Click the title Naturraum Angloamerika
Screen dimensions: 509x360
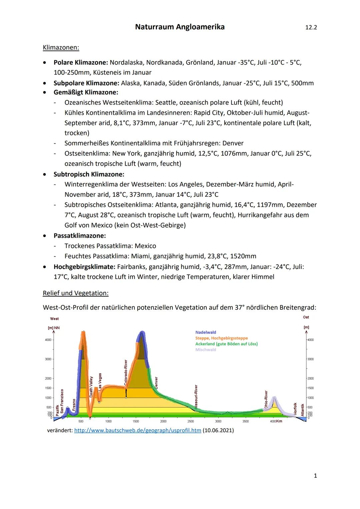(180, 27)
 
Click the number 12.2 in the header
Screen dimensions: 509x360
(311, 27)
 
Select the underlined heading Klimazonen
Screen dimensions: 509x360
(61, 48)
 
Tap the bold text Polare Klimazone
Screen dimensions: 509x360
(81, 62)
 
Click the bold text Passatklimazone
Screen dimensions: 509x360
(80, 236)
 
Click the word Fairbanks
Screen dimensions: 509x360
(131, 267)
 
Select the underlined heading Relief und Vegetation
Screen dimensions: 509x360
(76, 293)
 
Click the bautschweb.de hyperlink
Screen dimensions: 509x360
(138, 430)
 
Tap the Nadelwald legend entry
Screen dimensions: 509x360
(206, 332)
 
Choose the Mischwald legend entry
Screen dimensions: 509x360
(206, 350)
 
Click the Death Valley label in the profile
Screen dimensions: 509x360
(91, 387)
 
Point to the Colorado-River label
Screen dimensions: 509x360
(126, 372)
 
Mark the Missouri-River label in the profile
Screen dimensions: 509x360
(196, 397)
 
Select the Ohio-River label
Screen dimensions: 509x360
(266, 400)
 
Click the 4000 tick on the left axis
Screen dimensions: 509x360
(48, 340)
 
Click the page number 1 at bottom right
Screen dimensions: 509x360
(315, 476)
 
